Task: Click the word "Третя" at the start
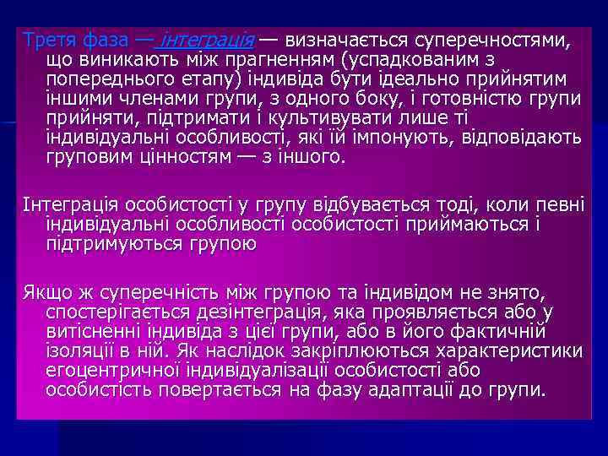point(48,40)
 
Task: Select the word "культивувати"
point(318,117)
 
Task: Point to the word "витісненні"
point(90,332)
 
